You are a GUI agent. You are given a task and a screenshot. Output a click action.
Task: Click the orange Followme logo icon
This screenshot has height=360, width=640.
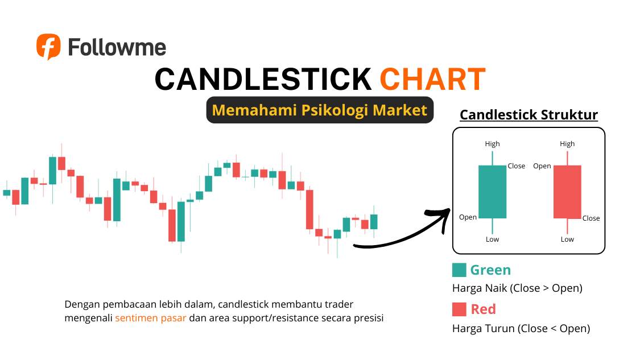[x=48, y=46]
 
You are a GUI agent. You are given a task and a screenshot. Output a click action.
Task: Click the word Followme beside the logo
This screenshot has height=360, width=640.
[x=117, y=47]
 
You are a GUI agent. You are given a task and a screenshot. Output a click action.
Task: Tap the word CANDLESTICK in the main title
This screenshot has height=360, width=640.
[x=263, y=79]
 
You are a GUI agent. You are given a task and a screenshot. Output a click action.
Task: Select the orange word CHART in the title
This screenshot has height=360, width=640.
[x=432, y=79]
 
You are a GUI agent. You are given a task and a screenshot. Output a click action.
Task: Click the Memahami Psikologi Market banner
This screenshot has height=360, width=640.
[x=319, y=110]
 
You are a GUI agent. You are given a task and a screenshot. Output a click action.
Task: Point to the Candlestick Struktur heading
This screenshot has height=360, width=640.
[x=528, y=115]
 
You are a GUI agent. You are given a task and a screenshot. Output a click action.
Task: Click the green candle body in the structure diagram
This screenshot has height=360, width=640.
[x=492, y=192]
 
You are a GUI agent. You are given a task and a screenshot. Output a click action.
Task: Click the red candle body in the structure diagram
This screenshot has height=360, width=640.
[x=567, y=192]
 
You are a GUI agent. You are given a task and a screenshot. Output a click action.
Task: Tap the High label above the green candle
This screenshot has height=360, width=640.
[x=492, y=144]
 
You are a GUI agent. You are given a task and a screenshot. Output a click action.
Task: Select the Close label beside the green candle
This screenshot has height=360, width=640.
[x=517, y=166]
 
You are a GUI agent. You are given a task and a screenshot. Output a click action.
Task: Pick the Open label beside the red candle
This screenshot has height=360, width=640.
[x=542, y=166]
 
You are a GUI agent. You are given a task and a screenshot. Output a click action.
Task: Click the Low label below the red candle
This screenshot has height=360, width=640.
[x=567, y=239]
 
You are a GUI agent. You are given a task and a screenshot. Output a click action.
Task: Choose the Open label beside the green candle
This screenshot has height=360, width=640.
[x=468, y=217]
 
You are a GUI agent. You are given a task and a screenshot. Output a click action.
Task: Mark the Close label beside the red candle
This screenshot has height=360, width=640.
[x=591, y=218]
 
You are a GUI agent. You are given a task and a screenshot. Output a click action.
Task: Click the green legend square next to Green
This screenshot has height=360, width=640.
[x=459, y=270]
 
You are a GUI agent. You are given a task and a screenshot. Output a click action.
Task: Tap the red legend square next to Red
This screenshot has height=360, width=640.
[x=459, y=309]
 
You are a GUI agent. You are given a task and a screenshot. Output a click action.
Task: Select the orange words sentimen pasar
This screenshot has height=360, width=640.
[x=150, y=318]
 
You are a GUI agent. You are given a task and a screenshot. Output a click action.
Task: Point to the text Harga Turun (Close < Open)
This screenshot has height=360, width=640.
[x=521, y=328]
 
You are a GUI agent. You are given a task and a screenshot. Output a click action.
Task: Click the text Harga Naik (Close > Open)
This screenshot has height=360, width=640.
[x=517, y=288]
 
